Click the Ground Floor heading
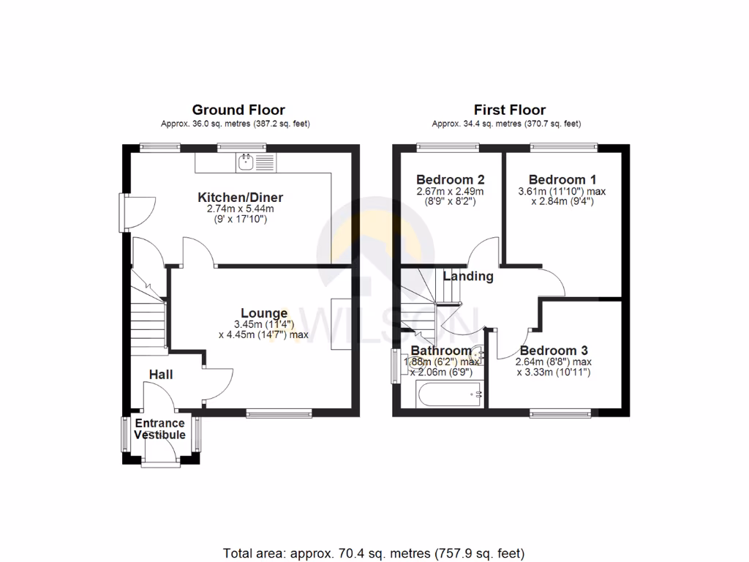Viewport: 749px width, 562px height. click(238, 110)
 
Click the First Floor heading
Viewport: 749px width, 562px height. click(509, 110)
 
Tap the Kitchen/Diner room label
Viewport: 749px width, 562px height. click(240, 198)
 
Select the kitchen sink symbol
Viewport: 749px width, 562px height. click(245, 162)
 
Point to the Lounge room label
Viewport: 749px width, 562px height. click(264, 313)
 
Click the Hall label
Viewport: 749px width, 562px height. click(161, 374)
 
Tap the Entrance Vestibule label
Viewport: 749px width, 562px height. click(159, 429)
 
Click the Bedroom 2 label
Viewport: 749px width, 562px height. click(450, 179)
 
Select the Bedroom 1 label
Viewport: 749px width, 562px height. click(557, 179)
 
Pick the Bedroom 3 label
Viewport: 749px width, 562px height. click(554, 351)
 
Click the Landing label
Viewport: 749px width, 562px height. click(469, 277)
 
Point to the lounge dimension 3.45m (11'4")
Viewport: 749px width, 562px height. click(264, 324)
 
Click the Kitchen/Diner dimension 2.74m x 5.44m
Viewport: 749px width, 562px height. click(240, 209)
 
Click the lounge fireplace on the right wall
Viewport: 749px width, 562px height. click(341, 324)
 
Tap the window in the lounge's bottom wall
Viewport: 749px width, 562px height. click(279, 413)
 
